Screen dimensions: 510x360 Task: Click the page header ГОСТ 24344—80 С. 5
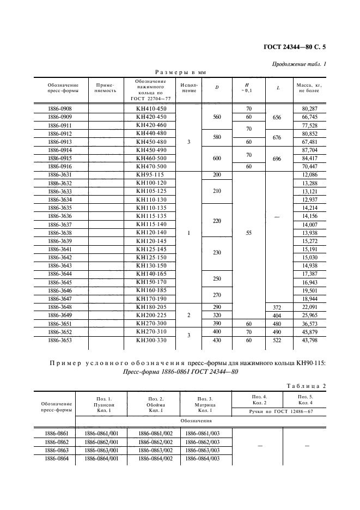pyautogui.click(x=294, y=47)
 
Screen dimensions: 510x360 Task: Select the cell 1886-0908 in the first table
pyautogui.click(x=60, y=109)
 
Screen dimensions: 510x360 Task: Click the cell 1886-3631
pyautogui.click(x=60, y=174)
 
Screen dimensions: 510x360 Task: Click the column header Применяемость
pyautogui.click(x=106, y=88)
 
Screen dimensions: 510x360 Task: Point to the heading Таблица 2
pyautogui.click(x=306, y=386)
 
